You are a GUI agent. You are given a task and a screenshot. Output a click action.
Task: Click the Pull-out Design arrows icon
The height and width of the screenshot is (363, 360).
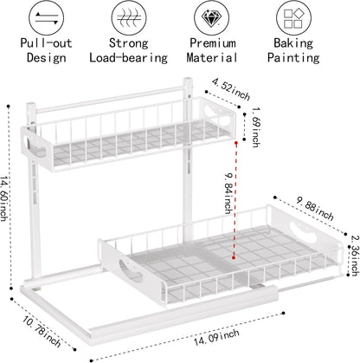coord(46,18)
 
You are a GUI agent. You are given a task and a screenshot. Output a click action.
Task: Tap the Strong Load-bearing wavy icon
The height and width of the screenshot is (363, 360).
coord(129,18)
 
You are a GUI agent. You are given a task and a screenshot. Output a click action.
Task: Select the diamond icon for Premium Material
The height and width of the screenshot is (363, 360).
coord(211,18)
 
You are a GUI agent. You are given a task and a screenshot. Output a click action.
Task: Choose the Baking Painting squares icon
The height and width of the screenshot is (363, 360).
coord(294,18)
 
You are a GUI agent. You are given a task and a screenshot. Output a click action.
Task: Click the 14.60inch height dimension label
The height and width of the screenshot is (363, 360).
coord(3,198)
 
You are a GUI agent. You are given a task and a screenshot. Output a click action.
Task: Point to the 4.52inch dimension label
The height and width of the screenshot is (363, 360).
coord(231,89)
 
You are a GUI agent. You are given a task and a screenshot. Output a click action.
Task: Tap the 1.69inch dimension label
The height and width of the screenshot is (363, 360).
coord(256,127)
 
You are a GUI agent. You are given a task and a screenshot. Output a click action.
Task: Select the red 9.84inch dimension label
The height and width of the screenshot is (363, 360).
coord(228,193)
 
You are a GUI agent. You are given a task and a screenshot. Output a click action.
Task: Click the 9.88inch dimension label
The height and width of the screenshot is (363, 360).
coord(315,209)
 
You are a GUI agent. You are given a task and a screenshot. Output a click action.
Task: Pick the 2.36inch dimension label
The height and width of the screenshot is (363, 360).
coord(355,256)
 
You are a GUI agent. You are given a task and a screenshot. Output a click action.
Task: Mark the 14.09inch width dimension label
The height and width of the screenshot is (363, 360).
coord(216,337)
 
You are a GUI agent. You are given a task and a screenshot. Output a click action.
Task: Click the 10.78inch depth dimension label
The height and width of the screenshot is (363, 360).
coord(42,331)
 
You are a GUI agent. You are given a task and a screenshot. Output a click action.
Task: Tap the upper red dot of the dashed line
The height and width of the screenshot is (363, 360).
coord(236,143)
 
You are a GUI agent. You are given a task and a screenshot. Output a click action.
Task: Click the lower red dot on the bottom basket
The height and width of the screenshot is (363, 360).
coord(234,257)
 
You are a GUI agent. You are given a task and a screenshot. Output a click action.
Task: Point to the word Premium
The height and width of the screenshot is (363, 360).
coord(213,43)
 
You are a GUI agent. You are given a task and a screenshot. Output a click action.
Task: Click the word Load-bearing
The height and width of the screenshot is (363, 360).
coord(128,58)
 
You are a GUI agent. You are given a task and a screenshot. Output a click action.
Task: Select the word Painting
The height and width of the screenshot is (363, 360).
coord(293,58)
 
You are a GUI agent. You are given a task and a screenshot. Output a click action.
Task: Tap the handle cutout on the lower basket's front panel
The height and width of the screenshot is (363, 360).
coord(130,270)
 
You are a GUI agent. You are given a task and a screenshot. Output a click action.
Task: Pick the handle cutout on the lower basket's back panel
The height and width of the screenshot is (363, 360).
coord(304,232)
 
